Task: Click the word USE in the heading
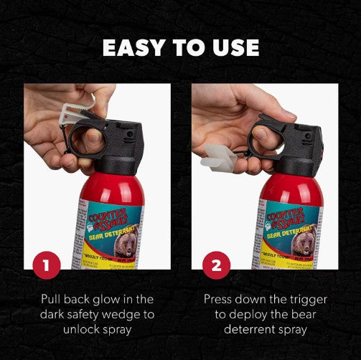pos(232,47)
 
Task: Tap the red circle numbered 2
pos(216,267)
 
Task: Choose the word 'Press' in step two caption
pos(219,299)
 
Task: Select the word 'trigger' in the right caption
pos(304,299)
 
